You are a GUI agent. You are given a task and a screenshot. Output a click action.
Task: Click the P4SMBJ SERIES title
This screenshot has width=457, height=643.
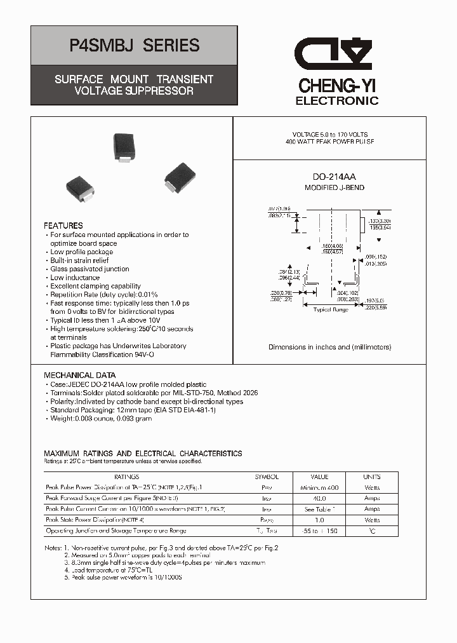click(133, 46)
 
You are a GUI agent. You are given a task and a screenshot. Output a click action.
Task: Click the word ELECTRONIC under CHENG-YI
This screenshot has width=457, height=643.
click(337, 101)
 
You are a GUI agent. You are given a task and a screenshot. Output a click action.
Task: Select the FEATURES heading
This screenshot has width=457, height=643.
click(63, 226)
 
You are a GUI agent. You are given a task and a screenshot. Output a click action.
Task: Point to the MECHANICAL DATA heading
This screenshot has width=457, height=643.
click(81, 376)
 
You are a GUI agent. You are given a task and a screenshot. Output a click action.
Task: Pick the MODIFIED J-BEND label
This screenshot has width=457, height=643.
click(334, 188)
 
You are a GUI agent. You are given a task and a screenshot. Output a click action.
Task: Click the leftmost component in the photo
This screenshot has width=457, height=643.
click(81, 189)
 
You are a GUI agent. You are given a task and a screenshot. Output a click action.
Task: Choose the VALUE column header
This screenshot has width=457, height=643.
click(319, 477)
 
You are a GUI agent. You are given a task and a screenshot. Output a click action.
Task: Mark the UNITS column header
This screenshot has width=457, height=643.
click(372, 477)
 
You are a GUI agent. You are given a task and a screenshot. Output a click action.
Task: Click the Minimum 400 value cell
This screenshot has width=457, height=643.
click(319, 487)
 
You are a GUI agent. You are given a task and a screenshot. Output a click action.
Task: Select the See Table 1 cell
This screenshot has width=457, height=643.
click(319, 509)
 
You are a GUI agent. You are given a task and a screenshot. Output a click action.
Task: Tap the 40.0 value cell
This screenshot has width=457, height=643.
click(319, 498)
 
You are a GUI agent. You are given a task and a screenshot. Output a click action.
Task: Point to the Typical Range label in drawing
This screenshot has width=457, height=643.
click(331, 309)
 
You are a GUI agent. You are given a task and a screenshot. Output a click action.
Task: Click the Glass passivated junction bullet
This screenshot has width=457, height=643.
click(89, 269)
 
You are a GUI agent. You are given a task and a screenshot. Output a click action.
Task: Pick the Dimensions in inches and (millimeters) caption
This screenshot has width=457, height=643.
click(329, 347)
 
